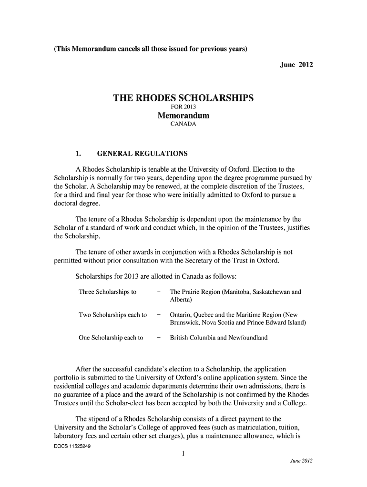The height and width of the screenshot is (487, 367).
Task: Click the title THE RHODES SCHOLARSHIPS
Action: tap(183, 98)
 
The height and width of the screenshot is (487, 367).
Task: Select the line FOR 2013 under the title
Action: tap(183, 108)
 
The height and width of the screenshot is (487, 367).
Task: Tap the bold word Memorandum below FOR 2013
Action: tap(183, 116)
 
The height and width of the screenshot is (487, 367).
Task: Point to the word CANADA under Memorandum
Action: tap(183, 125)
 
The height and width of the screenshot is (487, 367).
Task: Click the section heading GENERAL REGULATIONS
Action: tap(142, 154)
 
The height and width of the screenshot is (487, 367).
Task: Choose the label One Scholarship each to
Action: tap(111, 338)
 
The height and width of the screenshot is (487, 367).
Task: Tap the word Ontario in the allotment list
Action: tap(181, 315)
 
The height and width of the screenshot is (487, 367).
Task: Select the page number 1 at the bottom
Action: tap(183, 454)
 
